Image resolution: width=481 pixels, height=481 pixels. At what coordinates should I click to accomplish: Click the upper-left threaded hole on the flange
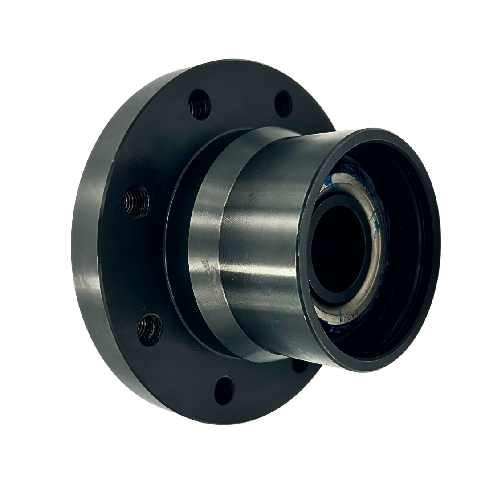coord(200,105)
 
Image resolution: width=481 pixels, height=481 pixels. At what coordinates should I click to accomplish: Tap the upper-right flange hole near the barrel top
coord(283,104)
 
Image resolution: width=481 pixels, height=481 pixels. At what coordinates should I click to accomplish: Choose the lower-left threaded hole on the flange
coord(150,330)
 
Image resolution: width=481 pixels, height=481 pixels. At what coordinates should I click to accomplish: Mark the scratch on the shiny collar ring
coord(206,266)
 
